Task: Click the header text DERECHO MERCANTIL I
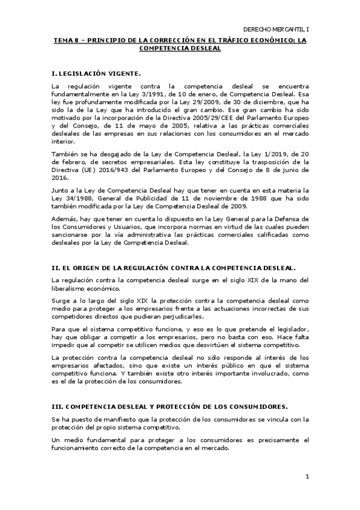click(275, 29)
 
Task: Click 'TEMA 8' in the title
click(64, 41)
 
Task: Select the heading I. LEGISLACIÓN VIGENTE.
click(96, 73)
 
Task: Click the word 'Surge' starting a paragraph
click(61, 300)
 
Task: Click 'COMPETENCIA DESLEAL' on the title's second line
click(180, 49)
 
